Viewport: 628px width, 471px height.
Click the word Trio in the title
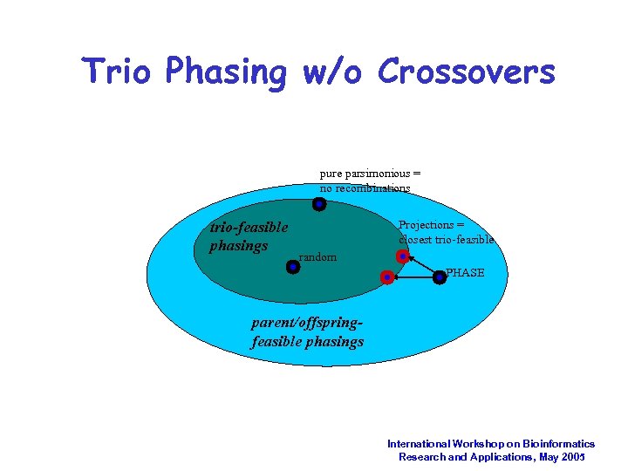122,72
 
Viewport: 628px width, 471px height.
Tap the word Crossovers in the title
466,72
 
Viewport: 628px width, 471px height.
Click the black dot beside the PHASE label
440,277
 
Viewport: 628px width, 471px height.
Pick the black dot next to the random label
293,267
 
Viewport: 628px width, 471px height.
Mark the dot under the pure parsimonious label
319,204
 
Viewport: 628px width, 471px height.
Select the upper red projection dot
402,256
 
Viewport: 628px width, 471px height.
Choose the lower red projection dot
386,277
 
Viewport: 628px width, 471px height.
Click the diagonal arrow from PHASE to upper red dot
420,267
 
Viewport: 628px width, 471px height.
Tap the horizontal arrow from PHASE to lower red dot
413,277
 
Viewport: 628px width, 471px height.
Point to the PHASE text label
465,273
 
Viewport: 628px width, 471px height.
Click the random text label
317,257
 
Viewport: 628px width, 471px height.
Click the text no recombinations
365,188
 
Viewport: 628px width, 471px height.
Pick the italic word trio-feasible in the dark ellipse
249,228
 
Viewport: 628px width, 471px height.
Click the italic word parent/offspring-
306,323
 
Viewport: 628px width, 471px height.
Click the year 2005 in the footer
572,457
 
